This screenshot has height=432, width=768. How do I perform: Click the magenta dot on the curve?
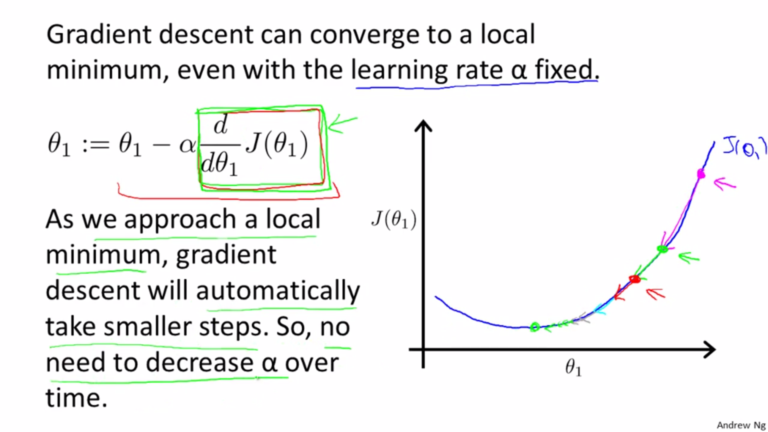pyautogui.click(x=701, y=174)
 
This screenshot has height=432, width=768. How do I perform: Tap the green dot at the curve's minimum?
pyautogui.click(x=535, y=327)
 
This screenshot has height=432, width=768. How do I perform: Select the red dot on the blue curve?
pyautogui.click(x=635, y=279)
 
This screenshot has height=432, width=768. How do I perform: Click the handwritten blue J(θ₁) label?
pyautogui.click(x=745, y=147)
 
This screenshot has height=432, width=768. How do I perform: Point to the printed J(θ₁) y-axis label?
pyautogui.click(x=394, y=219)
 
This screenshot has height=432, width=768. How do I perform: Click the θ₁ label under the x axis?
pyautogui.click(x=573, y=367)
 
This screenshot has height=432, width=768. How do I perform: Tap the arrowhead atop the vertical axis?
pyautogui.click(x=423, y=126)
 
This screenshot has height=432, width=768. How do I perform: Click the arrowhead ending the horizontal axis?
pyautogui.click(x=709, y=350)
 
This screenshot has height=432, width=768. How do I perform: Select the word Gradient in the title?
pyautogui.click(x=99, y=34)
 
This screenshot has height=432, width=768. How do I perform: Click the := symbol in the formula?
pyautogui.click(x=96, y=145)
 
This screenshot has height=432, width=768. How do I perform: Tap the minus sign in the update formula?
pyautogui.click(x=161, y=145)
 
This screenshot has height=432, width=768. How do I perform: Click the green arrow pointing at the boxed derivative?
pyautogui.click(x=342, y=124)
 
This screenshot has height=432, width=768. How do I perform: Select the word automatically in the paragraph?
pyautogui.click(x=278, y=291)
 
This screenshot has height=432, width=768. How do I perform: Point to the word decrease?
pyautogui.click(x=199, y=362)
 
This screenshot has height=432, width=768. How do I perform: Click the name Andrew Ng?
pyautogui.click(x=741, y=425)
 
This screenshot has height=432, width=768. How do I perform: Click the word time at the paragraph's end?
pyautogui.click(x=76, y=398)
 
